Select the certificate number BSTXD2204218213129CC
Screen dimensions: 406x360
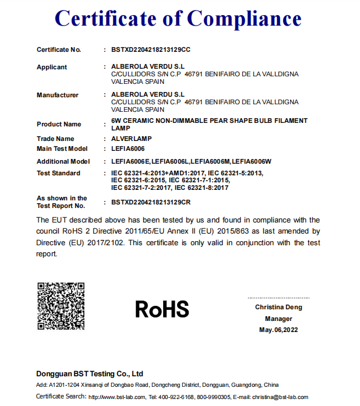(151, 50)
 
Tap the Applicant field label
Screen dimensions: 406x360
(52, 67)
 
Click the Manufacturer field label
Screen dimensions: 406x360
(57, 95)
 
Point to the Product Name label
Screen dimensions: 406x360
(59, 124)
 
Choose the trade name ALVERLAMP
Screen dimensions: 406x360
(130, 139)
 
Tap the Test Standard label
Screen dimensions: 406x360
(58, 173)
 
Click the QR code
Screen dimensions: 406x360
(61, 306)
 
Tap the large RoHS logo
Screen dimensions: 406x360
(162, 309)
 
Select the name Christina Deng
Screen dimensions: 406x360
(278, 307)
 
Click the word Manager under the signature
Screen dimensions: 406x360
(278, 319)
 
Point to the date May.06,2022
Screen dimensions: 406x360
(278, 330)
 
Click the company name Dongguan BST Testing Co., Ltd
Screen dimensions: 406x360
(90, 373)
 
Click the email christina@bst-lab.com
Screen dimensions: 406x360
(280, 397)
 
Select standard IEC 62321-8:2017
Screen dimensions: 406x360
(202, 188)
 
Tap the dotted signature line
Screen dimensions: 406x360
(278, 298)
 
